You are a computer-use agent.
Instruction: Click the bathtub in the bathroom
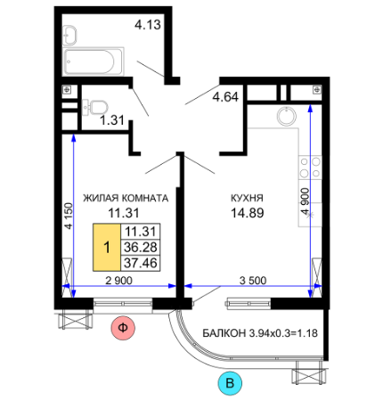tap(94, 61)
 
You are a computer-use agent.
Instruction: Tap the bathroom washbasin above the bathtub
tap(69, 36)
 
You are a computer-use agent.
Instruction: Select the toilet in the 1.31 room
tap(95, 107)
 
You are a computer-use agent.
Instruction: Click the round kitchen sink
tap(287, 116)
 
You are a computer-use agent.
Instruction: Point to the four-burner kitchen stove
tap(310, 168)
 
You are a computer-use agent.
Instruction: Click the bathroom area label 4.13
tap(148, 25)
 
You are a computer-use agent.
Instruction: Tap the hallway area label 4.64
tap(225, 97)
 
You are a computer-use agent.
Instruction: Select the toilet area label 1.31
tap(112, 120)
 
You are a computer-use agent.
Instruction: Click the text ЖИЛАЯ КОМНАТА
tap(126, 198)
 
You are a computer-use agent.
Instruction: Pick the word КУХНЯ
tap(247, 198)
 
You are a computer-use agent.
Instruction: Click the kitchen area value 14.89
tap(248, 213)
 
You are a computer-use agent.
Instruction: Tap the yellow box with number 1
tap(107, 247)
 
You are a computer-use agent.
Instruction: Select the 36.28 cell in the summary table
tap(141, 247)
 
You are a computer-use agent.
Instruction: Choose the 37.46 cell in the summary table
tap(141, 263)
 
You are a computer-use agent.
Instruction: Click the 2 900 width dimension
tap(119, 280)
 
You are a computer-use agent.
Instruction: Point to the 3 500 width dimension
tap(253, 280)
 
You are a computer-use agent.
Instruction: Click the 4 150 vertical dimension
tap(69, 216)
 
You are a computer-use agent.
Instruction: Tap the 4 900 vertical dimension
tap(305, 201)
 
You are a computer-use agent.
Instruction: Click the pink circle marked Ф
tap(123, 328)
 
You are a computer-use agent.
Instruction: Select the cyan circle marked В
tap(230, 383)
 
